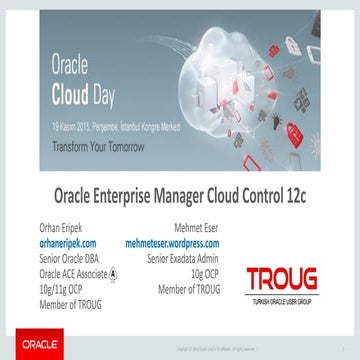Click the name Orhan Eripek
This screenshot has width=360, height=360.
pos(61,226)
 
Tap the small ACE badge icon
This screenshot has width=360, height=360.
pos(112,274)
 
